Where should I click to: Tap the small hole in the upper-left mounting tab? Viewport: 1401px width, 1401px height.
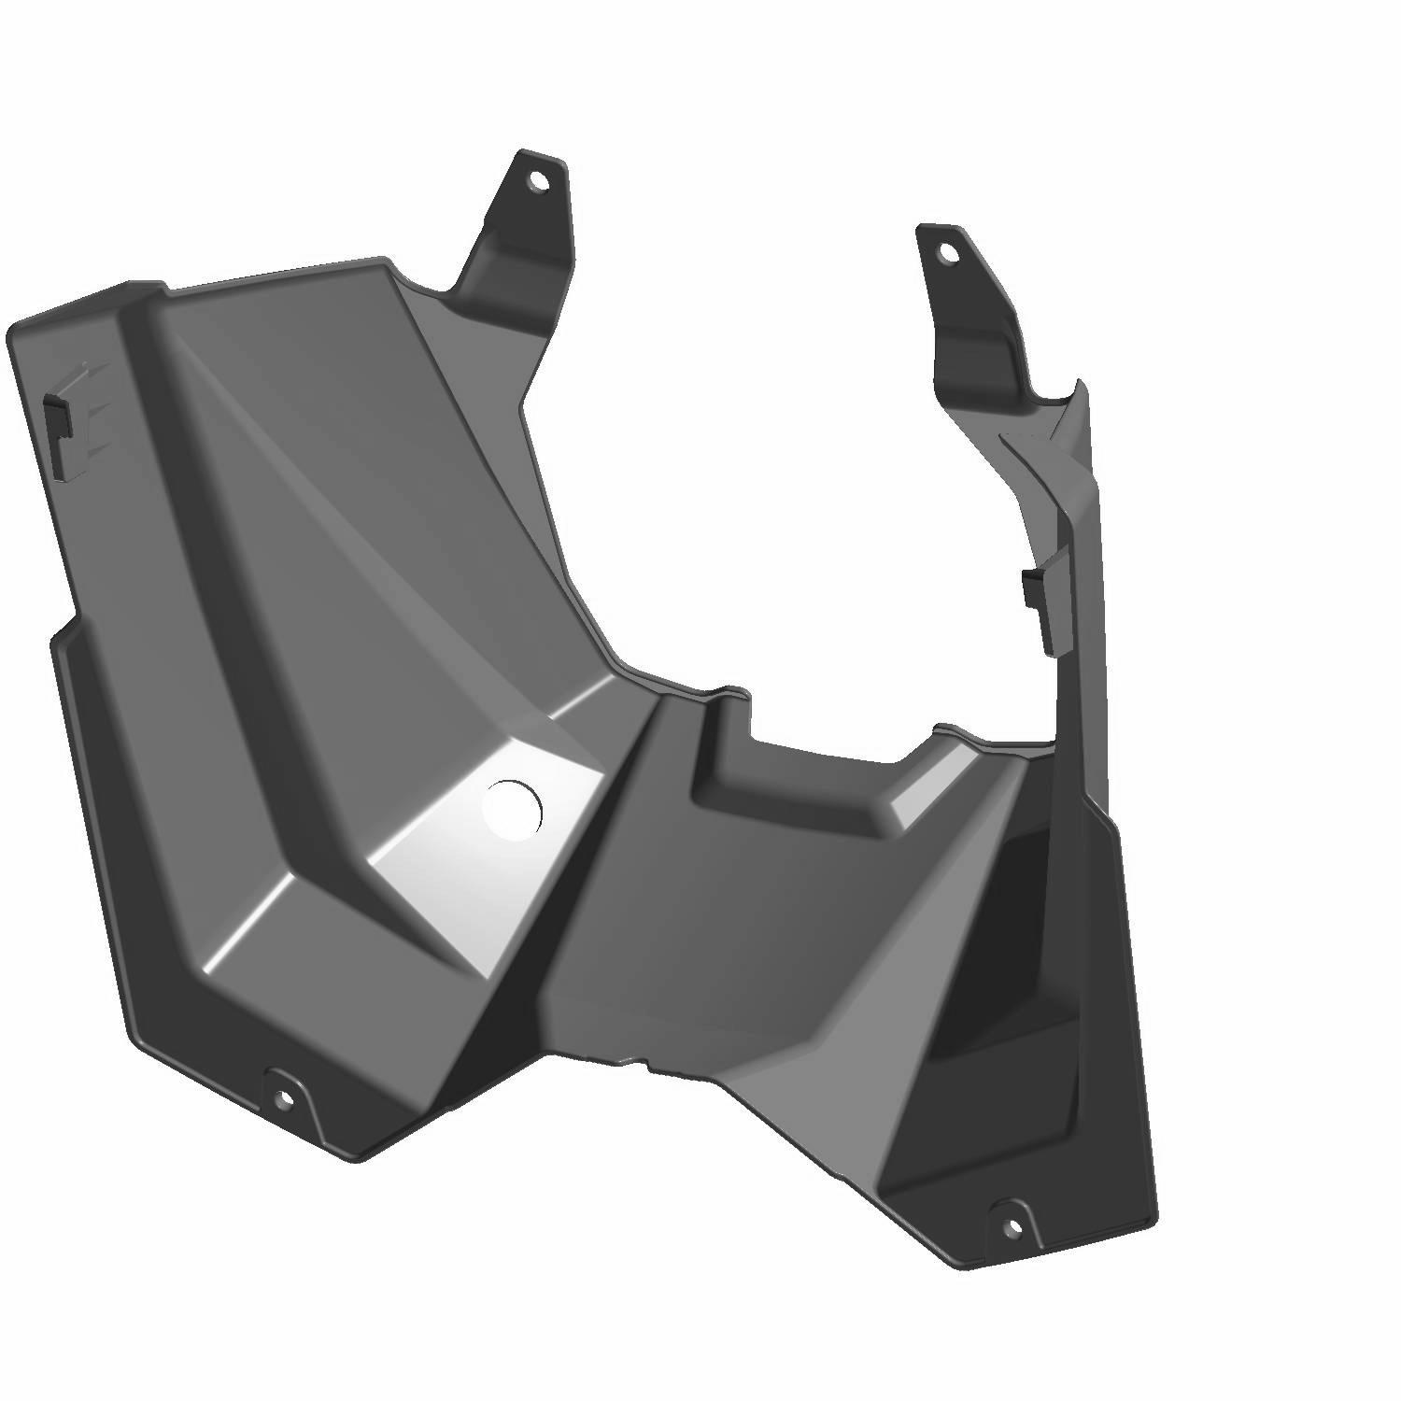pos(536,181)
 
